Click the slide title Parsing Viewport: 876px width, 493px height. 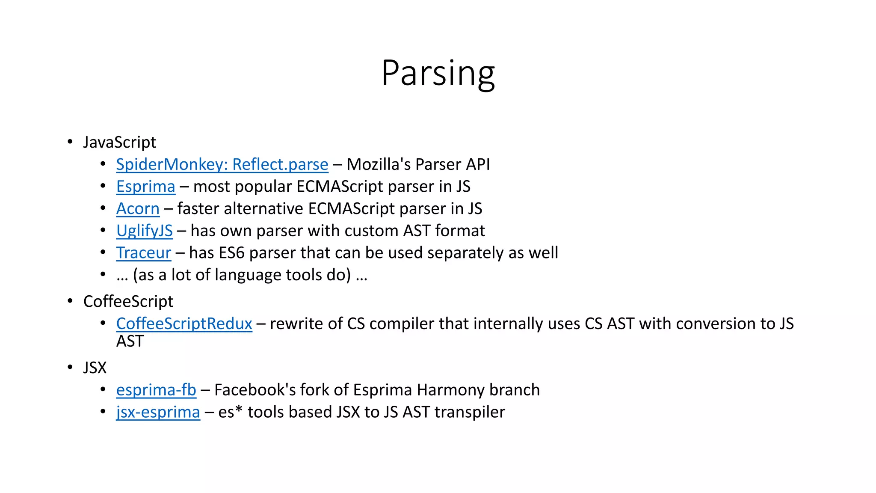click(x=438, y=74)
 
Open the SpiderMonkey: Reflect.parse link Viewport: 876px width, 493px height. click(x=222, y=164)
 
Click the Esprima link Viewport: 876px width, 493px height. click(x=146, y=187)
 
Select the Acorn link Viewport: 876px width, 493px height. click(x=138, y=209)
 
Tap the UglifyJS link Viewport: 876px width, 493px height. click(x=145, y=231)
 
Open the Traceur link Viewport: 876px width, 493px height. click(x=144, y=253)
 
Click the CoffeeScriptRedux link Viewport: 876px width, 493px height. click(x=184, y=324)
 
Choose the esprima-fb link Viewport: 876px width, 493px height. click(x=156, y=390)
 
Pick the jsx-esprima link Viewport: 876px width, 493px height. click(x=158, y=412)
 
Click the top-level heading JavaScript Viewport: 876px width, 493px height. click(x=120, y=142)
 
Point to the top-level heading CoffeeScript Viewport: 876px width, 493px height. click(x=128, y=301)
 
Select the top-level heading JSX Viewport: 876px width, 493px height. click(x=95, y=368)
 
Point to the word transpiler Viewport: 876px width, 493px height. click(x=470, y=412)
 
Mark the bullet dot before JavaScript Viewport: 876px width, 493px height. click(x=70, y=142)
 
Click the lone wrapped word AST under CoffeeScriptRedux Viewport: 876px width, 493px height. click(x=130, y=342)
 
